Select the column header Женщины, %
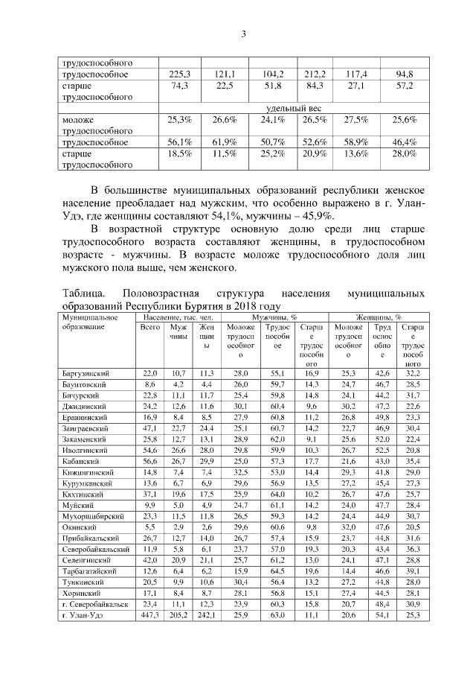[x=378, y=317]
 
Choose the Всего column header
[x=151, y=328]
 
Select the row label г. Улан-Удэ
[x=85, y=615]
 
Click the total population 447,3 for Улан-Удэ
[x=150, y=615]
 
